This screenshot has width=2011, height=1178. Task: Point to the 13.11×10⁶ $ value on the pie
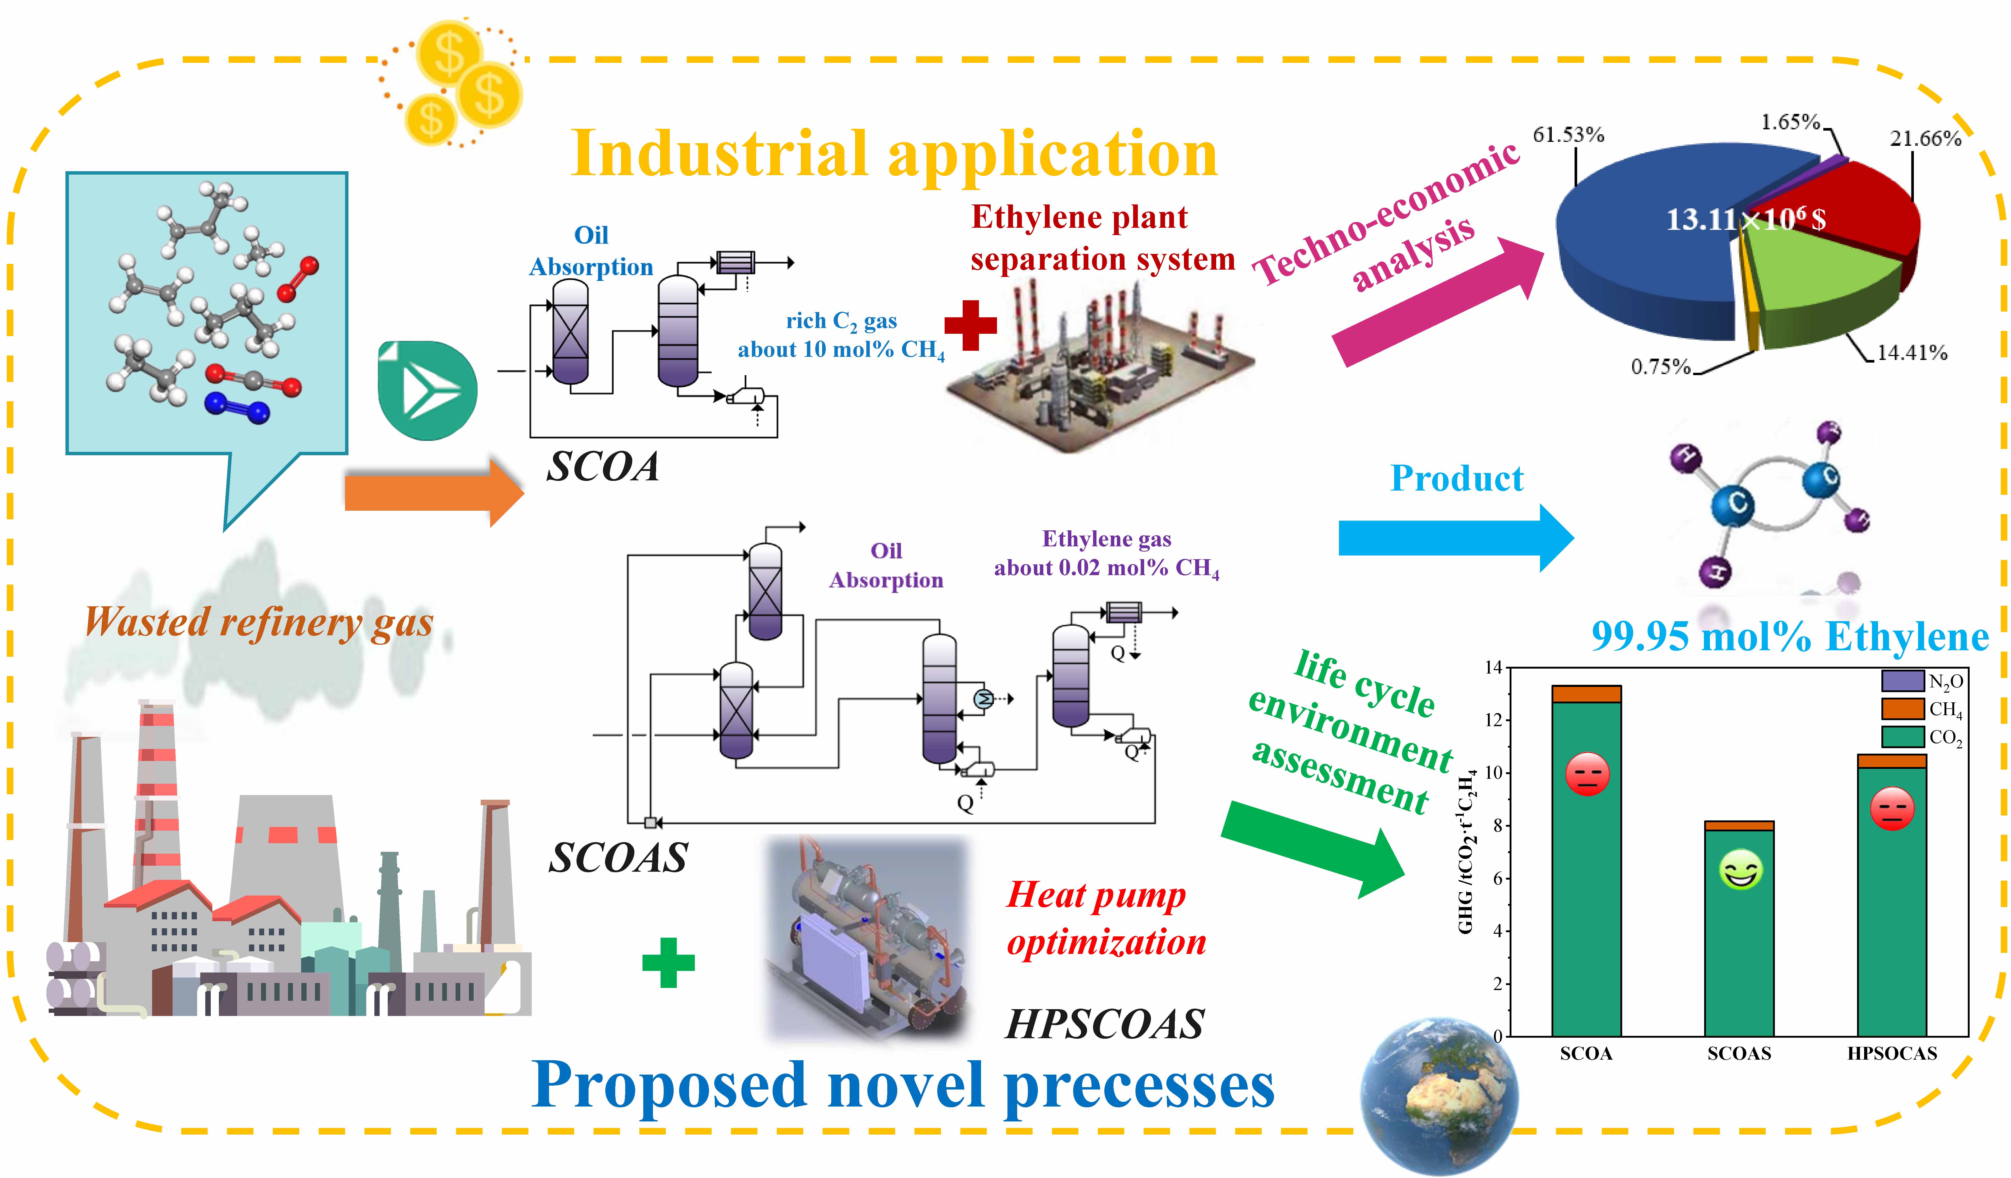pos(1745,219)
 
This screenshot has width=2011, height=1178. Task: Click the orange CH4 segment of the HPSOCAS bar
pos(1891,760)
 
